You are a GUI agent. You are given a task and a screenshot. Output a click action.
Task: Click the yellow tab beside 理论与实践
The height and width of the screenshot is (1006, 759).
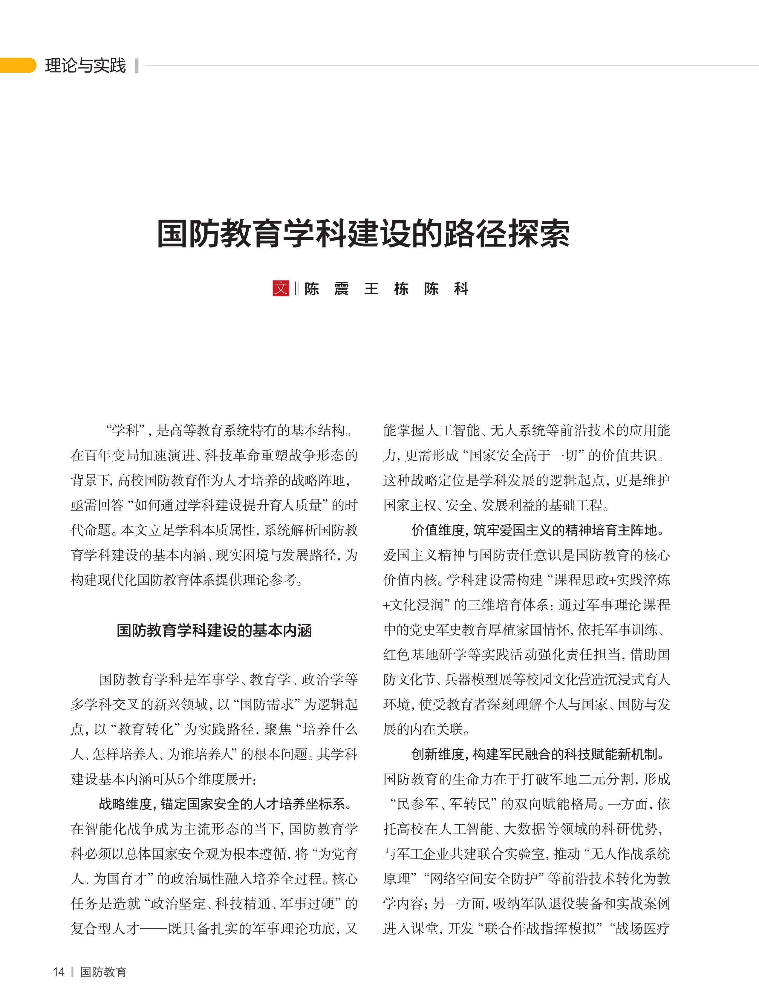pos(17,65)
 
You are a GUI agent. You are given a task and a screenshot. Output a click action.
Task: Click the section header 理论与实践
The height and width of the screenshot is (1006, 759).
pos(85,65)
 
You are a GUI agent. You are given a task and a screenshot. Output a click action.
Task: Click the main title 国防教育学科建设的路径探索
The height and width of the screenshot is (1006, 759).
pos(363,234)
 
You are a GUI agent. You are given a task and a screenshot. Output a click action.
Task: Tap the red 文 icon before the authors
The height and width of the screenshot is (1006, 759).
pos(281,288)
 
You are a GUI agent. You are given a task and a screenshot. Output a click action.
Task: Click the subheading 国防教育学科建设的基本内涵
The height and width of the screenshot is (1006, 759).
pos(214,631)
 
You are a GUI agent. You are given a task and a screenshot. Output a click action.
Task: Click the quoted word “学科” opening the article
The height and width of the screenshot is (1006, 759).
pos(126,431)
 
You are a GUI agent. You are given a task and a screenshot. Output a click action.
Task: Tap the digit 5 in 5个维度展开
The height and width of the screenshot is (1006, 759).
pos(180,780)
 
